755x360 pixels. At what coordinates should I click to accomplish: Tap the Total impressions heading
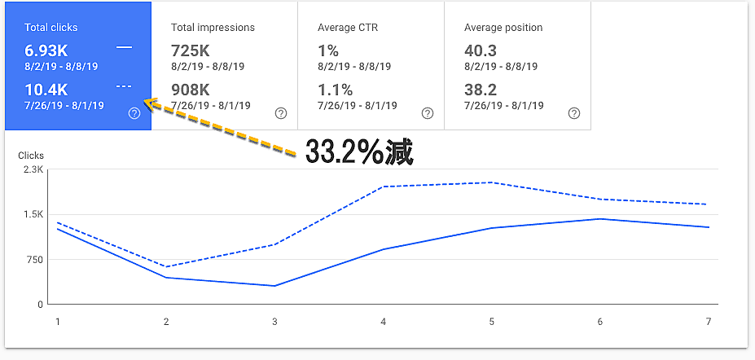pos(213,28)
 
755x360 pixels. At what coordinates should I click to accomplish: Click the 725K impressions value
pos(191,50)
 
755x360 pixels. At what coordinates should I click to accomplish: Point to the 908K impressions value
pos(192,90)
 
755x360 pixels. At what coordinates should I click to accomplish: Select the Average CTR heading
pos(348,28)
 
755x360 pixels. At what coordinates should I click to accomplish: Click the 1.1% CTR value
pos(335,90)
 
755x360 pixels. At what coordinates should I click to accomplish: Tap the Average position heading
pos(503,28)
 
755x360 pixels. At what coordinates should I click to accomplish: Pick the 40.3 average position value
pos(481,50)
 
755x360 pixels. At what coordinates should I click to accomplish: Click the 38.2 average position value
pos(481,90)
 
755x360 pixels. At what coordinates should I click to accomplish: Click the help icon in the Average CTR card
pos(428,113)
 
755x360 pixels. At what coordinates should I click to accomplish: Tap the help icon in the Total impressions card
pos(281,113)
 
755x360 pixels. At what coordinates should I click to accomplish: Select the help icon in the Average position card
pos(574,113)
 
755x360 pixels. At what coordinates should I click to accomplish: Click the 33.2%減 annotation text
pos(359,152)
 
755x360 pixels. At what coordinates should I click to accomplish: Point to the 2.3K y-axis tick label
pos(33,169)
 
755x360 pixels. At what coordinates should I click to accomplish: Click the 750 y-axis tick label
pos(34,260)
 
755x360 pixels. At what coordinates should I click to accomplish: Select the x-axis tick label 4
pos(383,322)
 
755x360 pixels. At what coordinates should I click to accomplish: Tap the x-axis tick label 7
pos(709,322)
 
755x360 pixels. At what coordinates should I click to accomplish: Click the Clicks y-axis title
pos(31,156)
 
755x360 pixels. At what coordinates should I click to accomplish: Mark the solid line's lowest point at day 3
pos(274,286)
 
